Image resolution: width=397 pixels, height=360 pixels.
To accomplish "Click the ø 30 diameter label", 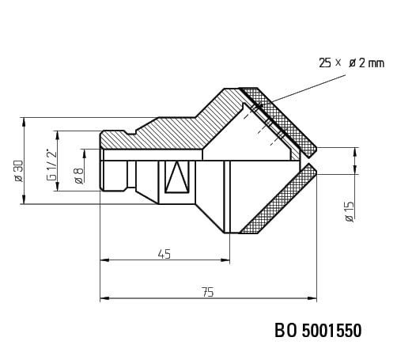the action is [19, 171].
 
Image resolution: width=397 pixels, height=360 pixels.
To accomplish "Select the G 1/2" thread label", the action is [51, 165].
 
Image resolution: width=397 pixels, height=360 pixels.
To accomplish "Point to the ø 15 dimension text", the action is [350, 211].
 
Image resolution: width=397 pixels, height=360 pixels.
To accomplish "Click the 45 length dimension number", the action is [164, 254].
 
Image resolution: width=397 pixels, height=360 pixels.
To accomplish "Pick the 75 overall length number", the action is [208, 292].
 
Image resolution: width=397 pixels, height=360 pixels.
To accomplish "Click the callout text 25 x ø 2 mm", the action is [351, 63].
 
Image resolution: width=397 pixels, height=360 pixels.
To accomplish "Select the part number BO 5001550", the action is [318, 331].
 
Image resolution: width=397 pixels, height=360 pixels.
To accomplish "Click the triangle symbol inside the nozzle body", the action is [177, 177].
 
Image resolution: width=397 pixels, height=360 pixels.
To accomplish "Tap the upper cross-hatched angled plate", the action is [279, 121].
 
